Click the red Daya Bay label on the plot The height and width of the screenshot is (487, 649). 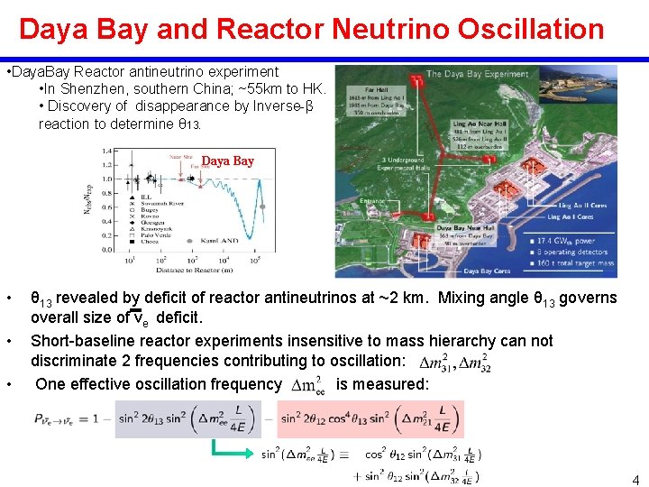(x=227, y=161)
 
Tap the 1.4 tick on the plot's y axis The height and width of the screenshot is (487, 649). (x=107, y=151)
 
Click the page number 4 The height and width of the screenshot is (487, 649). (x=635, y=480)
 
